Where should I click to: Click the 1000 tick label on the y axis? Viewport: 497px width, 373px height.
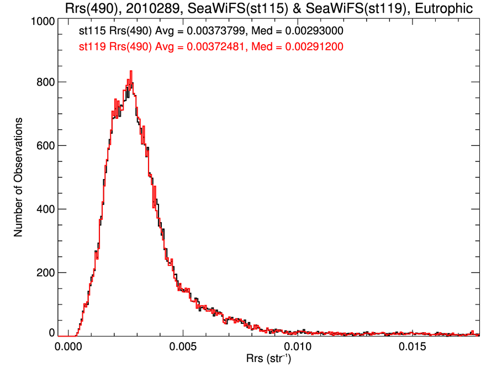(x=41, y=21)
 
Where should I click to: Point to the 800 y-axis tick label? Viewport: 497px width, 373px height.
(x=44, y=82)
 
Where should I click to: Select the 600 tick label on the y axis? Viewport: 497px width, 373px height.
(x=44, y=146)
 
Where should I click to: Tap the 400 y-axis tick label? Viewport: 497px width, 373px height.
(x=44, y=209)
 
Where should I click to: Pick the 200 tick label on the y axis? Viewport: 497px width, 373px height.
(x=44, y=273)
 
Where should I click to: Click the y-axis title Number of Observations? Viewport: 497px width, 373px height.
(x=19, y=177)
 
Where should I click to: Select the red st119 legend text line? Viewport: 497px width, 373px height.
(x=212, y=48)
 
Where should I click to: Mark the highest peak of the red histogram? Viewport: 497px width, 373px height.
(x=131, y=71)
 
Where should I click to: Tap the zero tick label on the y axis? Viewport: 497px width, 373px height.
(x=52, y=333)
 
